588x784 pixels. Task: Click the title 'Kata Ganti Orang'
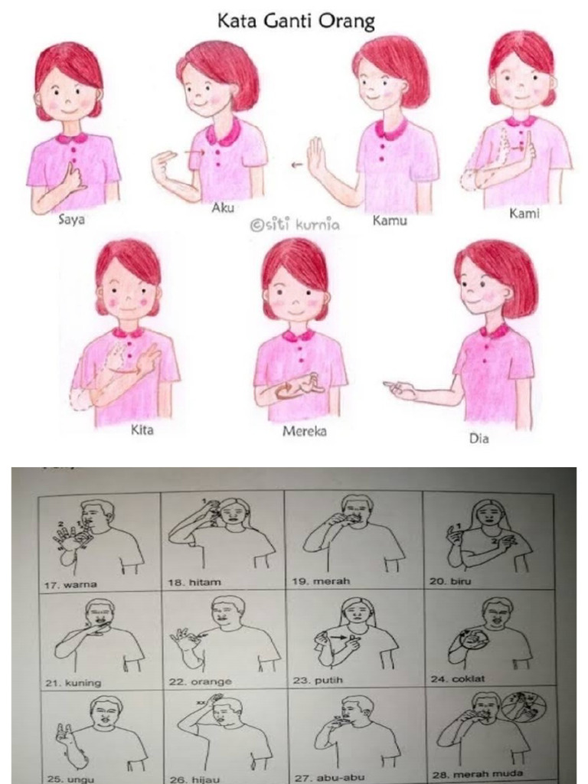point(296,21)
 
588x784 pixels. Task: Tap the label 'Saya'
point(72,220)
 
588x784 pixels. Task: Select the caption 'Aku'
point(223,208)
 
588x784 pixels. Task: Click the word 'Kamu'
point(390,220)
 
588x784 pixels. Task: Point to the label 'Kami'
point(524,214)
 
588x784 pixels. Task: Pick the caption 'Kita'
point(142,430)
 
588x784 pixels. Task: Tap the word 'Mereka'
point(305,431)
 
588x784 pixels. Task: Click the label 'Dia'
point(479,439)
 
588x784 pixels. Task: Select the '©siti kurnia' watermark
point(295,225)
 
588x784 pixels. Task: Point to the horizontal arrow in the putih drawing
point(338,638)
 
